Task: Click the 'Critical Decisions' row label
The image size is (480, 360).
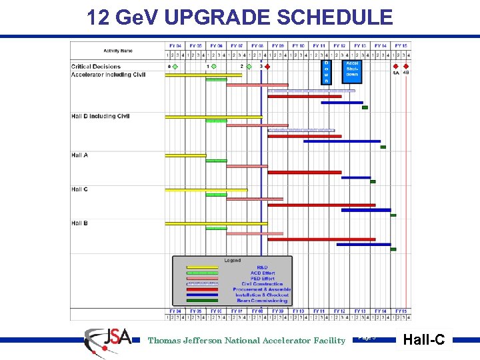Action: click(96, 67)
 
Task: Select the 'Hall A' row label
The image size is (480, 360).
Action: click(80, 155)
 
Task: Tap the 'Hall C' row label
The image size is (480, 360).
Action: click(80, 189)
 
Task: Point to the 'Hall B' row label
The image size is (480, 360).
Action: click(80, 223)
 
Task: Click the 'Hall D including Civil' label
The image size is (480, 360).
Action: click(100, 117)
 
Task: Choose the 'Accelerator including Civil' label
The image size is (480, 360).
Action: click(108, 75)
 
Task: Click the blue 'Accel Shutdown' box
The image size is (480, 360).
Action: click(352, 69)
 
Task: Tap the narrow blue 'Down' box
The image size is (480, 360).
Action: click(326, 71)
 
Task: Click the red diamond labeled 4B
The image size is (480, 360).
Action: click(406, 67)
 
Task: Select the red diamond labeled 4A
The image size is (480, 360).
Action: click(395, 67)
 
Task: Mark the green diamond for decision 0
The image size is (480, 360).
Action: click(175, 67)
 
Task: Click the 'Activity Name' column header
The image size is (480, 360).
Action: click(118, 51)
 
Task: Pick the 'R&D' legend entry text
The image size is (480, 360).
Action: click(262, 267)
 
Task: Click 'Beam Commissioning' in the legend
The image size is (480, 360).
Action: click(262, 301)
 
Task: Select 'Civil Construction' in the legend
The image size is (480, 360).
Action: click(262, 284)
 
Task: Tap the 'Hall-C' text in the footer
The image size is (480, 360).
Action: click(424, 340)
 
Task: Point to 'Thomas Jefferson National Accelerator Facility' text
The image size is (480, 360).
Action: click(247, 341)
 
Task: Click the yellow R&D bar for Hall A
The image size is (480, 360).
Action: click(186, 155)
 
